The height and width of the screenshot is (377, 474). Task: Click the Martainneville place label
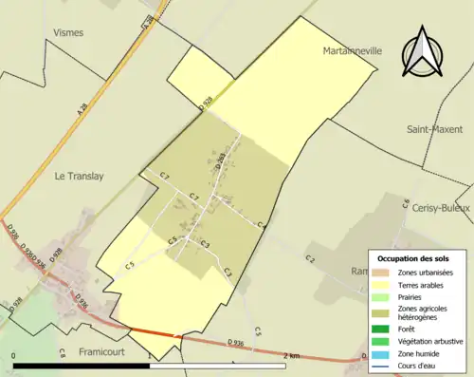coord(351,50)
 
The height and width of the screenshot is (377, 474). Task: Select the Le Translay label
coord(79,175)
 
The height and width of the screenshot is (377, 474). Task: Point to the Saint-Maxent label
coord(434,128)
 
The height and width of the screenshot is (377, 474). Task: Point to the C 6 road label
coord(405,203)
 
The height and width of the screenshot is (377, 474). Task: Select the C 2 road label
coord(310,258)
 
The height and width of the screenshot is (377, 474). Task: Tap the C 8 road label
coord(62,352)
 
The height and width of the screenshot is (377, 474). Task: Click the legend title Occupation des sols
coord(420,258)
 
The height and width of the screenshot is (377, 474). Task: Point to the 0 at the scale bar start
coord(14,355)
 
